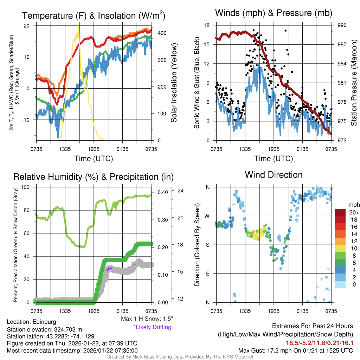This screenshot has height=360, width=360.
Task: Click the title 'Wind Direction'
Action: pos(274,175)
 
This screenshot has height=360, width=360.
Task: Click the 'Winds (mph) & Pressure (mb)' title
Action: pos(274,13)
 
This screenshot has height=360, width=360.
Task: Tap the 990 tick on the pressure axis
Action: pos(342,25)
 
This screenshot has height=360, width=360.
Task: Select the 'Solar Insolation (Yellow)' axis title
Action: pos(174,83)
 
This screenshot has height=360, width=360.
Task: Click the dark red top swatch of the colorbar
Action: pos(341,212)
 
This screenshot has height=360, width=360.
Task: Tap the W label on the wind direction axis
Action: pos(208,216)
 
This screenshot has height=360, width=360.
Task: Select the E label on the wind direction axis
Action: pos(208,274)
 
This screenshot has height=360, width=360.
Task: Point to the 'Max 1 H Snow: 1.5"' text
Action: pos(147,319)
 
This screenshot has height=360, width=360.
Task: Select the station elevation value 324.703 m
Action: pos(69,329)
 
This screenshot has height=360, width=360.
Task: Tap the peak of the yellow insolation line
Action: pos(78,27)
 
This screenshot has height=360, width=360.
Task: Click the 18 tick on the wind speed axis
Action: pos(207,25)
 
